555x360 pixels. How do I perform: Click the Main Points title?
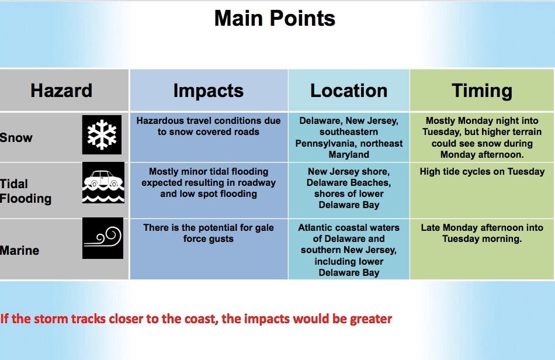[x=275, y=18]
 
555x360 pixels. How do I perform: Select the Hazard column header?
[x=61, y=90]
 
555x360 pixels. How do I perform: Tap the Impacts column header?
[x=209, y=91]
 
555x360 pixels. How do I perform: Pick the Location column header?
[x=349, y=91]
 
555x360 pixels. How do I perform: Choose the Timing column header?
[x=482, y=91]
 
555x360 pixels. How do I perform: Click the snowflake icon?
[x=102, y=134]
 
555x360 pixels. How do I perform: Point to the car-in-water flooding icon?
[x=103, y=183]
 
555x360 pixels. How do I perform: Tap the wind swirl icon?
[x=103, y=238]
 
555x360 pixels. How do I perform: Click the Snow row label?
[x=16, y=137]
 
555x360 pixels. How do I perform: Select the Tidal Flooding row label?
[x=26, y=191]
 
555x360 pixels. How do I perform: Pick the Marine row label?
[x=19, y=251]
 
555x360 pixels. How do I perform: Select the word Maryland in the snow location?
[x=349, y=155]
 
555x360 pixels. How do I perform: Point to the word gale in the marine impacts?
[x=265, y=227]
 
